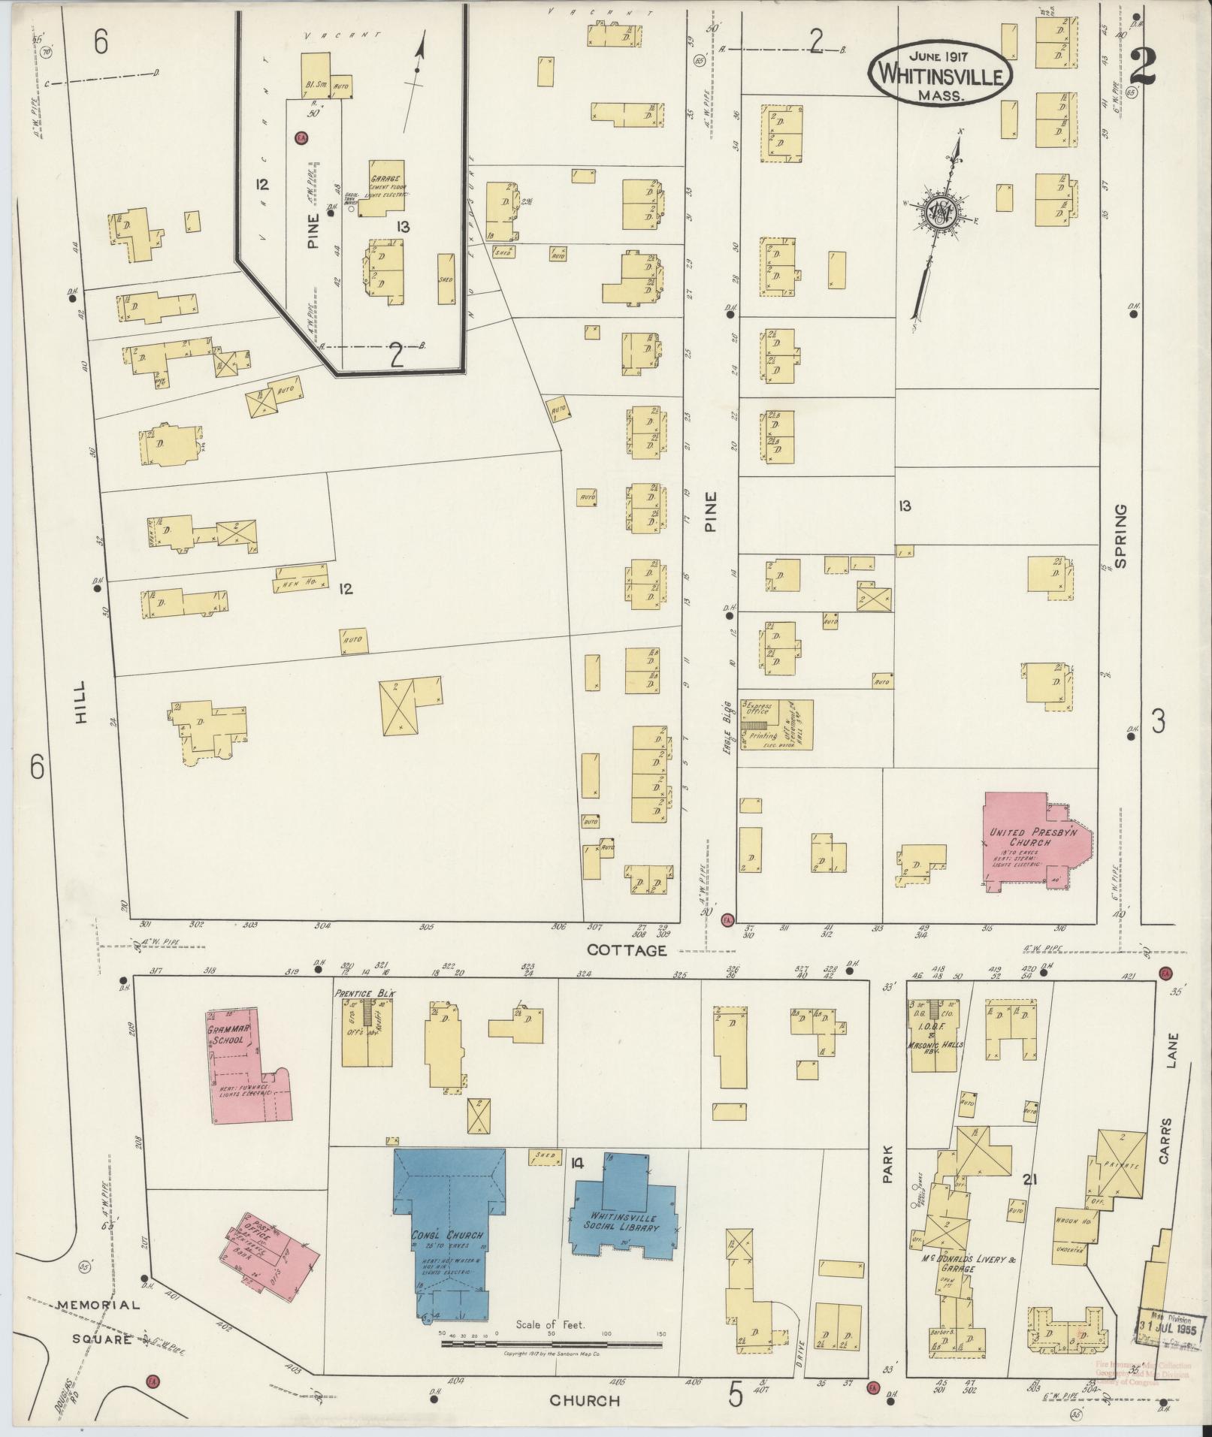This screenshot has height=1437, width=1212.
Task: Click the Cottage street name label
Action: click(x=627, y=950)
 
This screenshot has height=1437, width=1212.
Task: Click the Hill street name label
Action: click(x=81, y=703)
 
